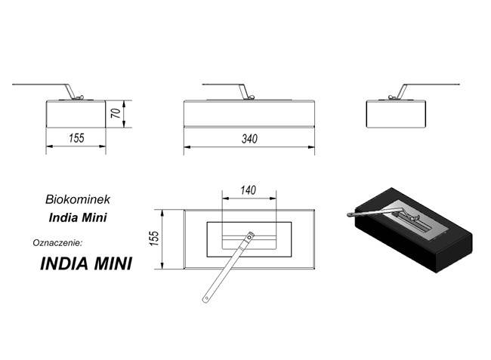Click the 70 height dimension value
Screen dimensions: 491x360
pyautogui.click(x=116, y=113)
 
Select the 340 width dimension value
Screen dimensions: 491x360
pyautogui.click(x=249, y=139)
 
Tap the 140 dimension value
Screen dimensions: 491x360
pyautogui.click(x=249, y=190)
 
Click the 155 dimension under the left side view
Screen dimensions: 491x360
pyautogui.click(x=76, y=138)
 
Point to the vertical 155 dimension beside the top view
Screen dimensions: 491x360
pyautogui.click(x=154, y=238)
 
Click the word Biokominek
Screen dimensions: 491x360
pyautogui.click(x=78, y=199)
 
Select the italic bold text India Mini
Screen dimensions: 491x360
pyautogui.click(x=78, y=217)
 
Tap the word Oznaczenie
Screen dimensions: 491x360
pyautogui.click(x=57, y=243)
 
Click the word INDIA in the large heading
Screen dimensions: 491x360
pyautogui.click(x=64, y=263)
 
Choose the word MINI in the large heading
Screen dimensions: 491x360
pyautogui.click(x=113, y=263)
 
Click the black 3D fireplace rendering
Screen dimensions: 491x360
pyautogui.click(x=410, y=230)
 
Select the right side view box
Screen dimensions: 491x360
pyautogui.click(x=396, y=114)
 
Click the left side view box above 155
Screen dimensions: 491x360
pyautogui.click(x=76, y=114)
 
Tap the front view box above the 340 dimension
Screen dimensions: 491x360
pyautogui.click(x=249, y=114)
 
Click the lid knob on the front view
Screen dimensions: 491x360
pyautogui.click(x=251, y=97)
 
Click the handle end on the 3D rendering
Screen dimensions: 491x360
pyautogui.click(x=350, y=214)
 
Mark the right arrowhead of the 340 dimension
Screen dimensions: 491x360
pyautogui.click(x=311, y=146)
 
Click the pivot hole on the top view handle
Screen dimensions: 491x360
pyautogui.click(x=249, y=238)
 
